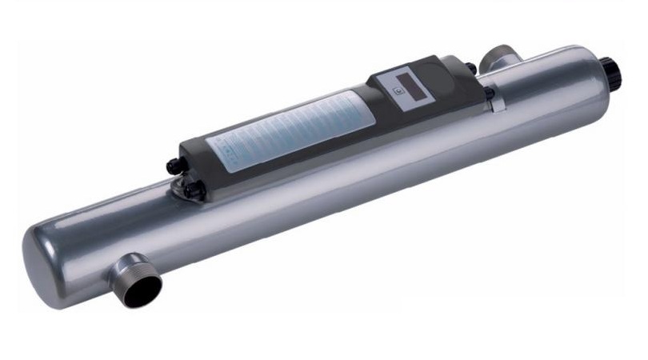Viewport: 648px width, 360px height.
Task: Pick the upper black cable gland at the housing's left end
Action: [171, 166]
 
